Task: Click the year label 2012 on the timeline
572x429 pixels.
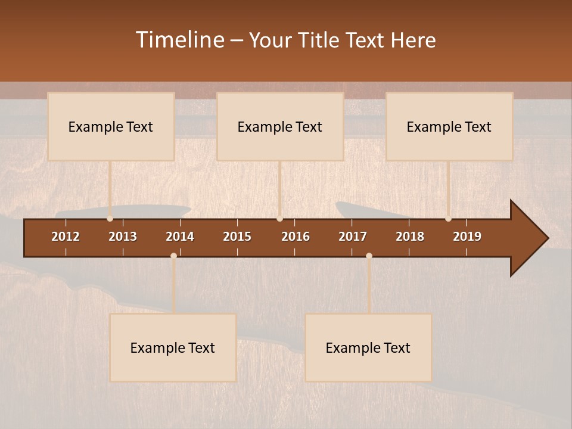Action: click(x=66, y=237)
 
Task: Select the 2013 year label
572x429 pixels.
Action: click(x=123, y=237)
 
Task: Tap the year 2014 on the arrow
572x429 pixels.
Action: click(x=180, y=237)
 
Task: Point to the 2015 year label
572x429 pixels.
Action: click(x=237, y=237)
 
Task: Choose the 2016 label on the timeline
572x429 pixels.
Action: click(x=296, y=237)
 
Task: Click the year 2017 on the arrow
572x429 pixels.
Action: click(x=353, y=237)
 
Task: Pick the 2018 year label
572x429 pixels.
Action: click(x=410, y=237)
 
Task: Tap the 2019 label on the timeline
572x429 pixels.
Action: click(x=467, y=237)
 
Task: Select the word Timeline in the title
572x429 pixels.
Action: click(x=180, y=40)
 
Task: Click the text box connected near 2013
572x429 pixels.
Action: click(x=111, y=126)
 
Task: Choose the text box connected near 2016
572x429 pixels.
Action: click(x=280, y=126)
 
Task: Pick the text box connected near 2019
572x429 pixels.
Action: click(x=449, y=126)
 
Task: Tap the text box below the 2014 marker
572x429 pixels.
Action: click(x=173, y=347)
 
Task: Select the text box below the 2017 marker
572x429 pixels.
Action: click(x=368, y=347)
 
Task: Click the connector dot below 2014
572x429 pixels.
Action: click(x=173, y=256)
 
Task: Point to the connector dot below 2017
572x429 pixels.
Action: click(x=369, y=256)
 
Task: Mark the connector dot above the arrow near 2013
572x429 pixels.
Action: click(x=110, y=218)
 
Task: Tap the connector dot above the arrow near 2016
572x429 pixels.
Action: click(x=279, y=218)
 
